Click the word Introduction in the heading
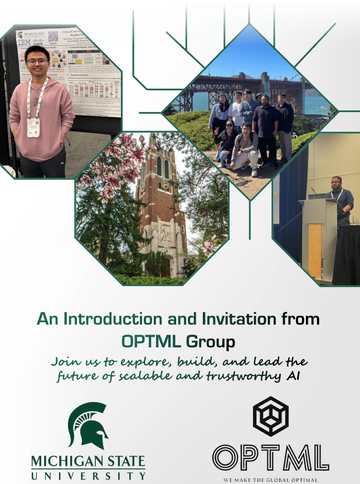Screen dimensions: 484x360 click(104, 319)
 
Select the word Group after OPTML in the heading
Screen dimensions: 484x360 click(208, 340)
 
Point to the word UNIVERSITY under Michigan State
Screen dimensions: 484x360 click(88, 476)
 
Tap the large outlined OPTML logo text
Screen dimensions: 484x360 click(270, 457)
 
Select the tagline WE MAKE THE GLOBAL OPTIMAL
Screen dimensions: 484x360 click(270, 480)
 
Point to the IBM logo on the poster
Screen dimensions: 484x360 click(23, 42)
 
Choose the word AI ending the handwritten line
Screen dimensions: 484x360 click(292, 377)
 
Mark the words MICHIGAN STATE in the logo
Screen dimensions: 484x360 click(88, 462)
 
